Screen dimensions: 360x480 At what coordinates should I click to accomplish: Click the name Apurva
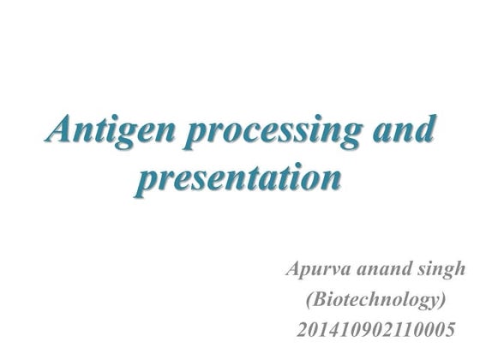(x=315, y=272)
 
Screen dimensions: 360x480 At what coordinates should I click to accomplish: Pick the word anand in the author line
(x=380, y=272)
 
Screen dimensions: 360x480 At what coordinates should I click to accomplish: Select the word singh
(x=440, y=272)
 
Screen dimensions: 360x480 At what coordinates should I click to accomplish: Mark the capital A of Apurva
(x=293, y=270)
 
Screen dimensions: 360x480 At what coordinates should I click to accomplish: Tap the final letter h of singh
(x=460, y=271)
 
